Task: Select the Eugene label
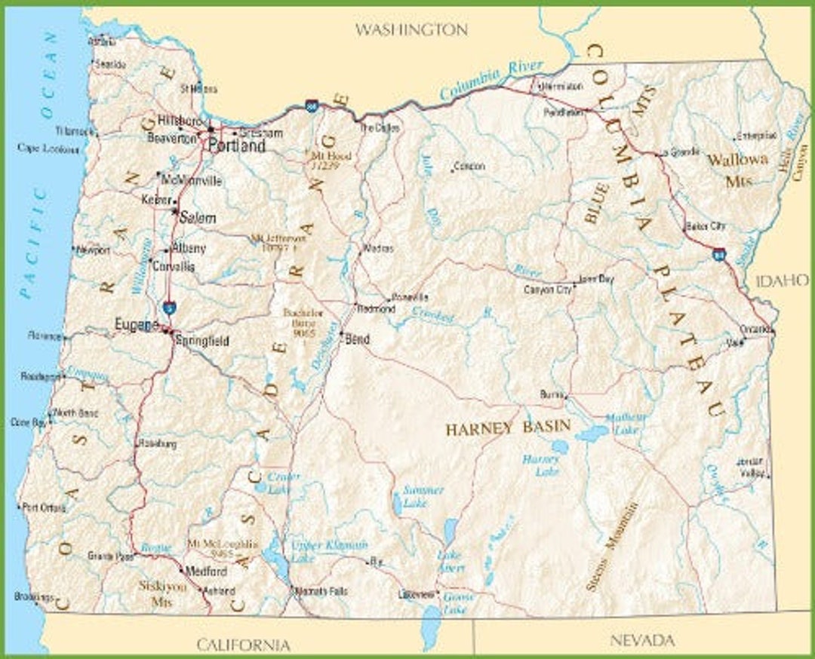click(x=137, y=325)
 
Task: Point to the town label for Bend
click(x=357, y=340)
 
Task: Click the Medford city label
click(x=205, y=572)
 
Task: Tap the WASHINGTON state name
click(x=411, y=30)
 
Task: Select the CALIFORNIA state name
click(x=244, y=644)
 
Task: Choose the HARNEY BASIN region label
click(x=508, y=429)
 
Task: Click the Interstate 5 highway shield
click(x=170, y=307)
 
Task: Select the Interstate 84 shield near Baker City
click(x=719, y=256)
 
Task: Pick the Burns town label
click(x=552, y=394)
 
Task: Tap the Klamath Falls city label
click(x=322, y=591)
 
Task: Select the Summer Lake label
click(x=423, y=496)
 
